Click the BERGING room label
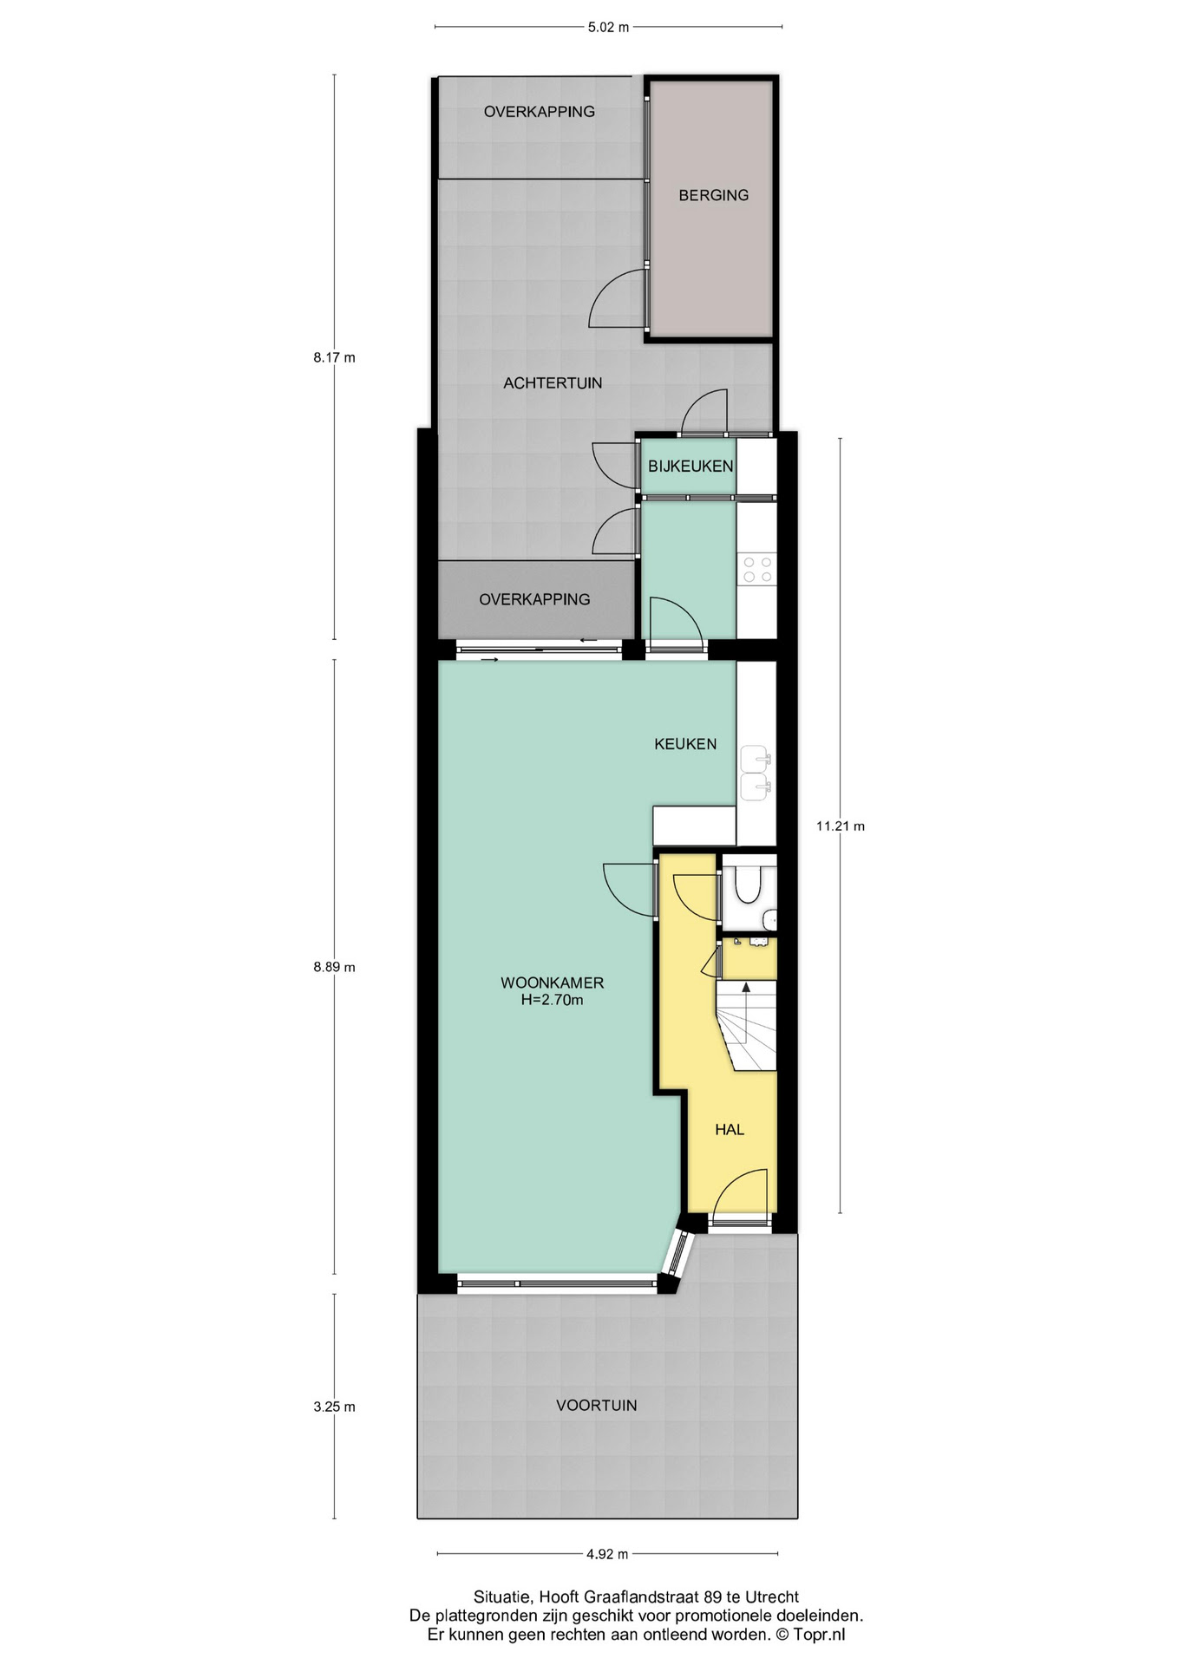(713, 195)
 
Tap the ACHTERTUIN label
(553, 382)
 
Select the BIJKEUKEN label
(690, 467)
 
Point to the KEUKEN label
(685, 744)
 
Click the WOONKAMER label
(553, 983)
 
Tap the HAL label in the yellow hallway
(730, 1130)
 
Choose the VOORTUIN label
(597, 1406)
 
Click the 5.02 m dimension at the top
(607, 27)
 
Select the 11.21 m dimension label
(841, 826)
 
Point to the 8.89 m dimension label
(335, 968)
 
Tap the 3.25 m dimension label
(335, 1407)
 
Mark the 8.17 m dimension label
(335, 357)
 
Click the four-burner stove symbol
(756, 570)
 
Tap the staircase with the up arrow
(746, 1026)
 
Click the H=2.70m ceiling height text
(553, 1001)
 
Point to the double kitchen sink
(756, 773)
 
